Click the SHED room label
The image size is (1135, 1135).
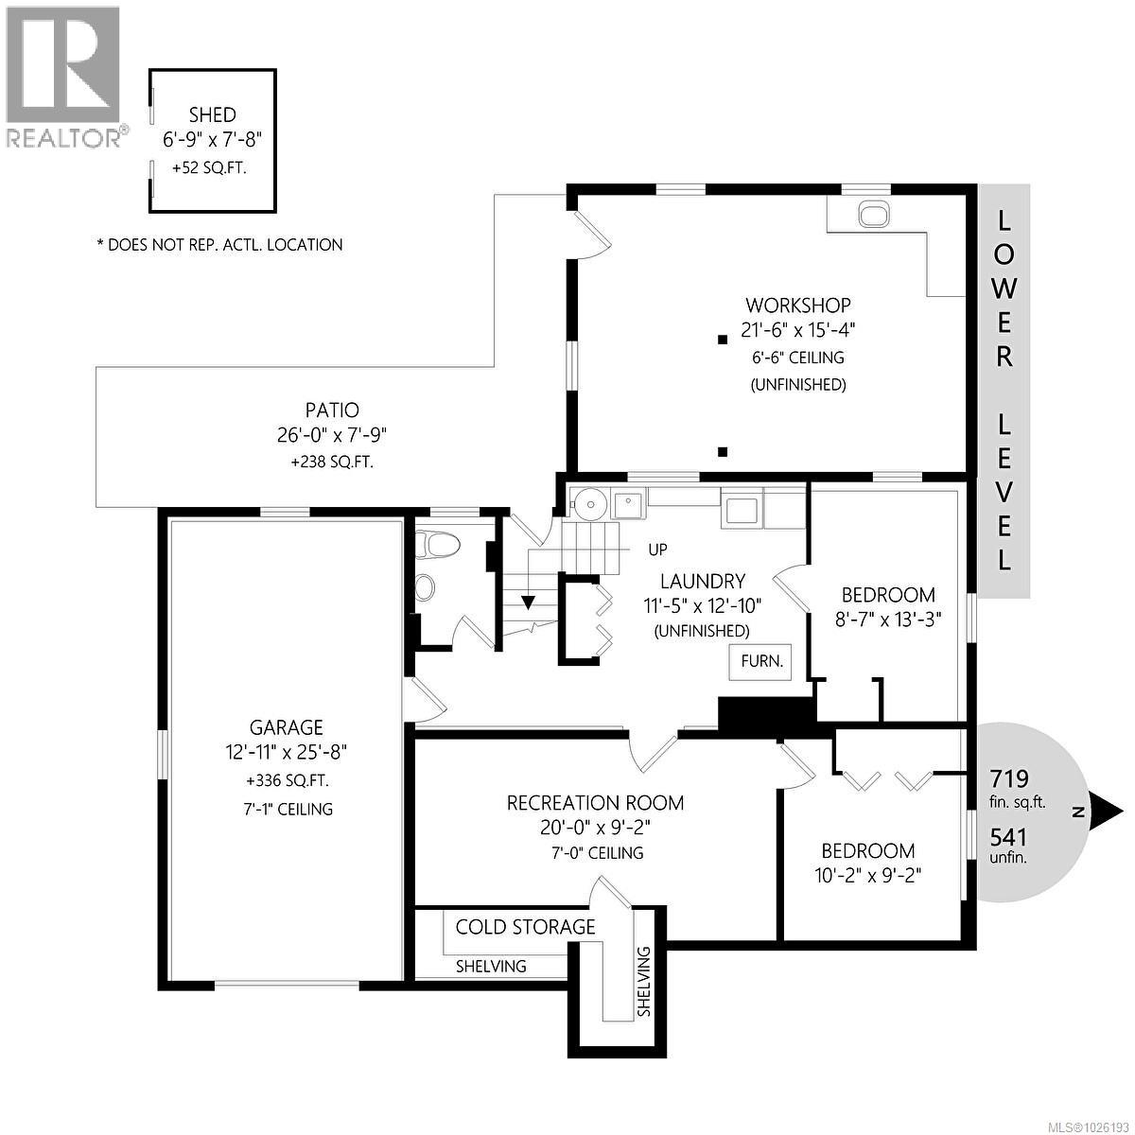tap(212, 114)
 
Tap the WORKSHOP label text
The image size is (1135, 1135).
tap(797, 305)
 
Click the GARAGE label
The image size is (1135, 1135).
tap(286, 727)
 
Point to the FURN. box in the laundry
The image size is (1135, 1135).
tap(760, 661)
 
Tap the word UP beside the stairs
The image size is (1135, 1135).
tap(659, 550)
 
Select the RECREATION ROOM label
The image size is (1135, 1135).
tap(595, 803)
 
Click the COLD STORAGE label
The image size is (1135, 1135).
tap(525, 927)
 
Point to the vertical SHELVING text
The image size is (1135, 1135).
tap(644, 981)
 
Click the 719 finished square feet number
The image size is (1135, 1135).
tap(1008, 779)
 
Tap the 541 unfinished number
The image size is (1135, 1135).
tap(1008, 838)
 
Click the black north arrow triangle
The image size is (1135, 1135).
tap(1107, 811)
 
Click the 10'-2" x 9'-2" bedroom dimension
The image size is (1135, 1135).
tap(867, 875)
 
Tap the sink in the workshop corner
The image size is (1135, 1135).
tap(873, 215)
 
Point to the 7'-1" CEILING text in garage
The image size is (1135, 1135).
tap(287, 809)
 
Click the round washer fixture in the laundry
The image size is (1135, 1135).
tap(588, 502)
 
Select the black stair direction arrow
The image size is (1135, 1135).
tap(527, 602)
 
